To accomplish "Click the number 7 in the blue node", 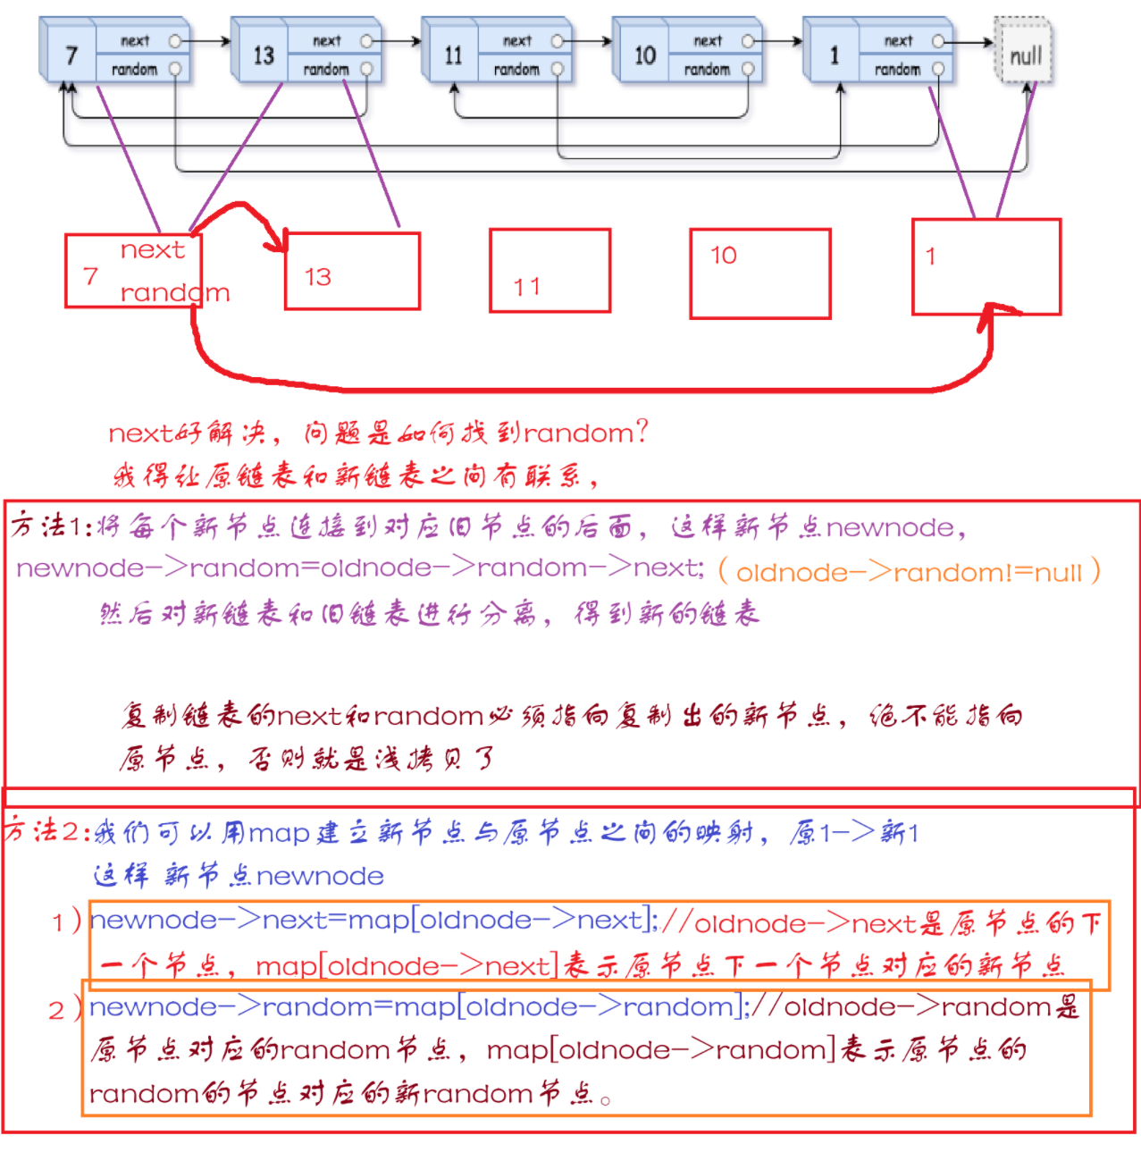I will point(71,56).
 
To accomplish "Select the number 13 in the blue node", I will point(263,55).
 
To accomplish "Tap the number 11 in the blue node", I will point(454,55).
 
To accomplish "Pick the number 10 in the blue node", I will point(644,55).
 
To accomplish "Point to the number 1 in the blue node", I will point(835,55).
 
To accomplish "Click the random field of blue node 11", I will point(516,69).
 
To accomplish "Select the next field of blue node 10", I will point(707,41).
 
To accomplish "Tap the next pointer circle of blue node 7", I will point(175,41).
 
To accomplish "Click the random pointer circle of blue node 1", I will point(938,69).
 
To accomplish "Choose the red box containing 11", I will point(550,270).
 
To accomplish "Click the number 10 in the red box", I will point(723,256).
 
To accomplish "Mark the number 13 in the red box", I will point(317,277).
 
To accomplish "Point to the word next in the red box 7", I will point(152,250).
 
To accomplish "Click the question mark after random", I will point(641,432).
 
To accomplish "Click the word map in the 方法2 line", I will point(279,833).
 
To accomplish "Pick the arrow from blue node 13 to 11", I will point(398,41).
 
